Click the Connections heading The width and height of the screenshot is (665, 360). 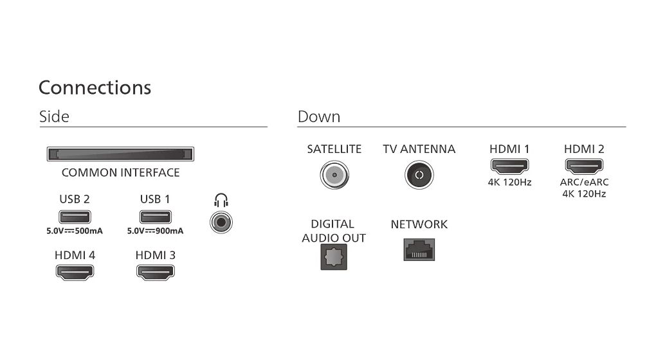coord(95,88)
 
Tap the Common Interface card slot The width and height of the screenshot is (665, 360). coord(120,154)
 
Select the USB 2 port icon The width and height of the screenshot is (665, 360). coord(75,217)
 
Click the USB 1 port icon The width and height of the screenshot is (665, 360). coord(155,217)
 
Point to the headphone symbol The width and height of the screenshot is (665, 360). coord(221,200)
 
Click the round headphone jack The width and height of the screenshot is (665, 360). coord(221,222)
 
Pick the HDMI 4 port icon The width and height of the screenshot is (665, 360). coord(75,272)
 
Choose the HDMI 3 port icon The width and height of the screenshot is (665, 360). coord(155,272)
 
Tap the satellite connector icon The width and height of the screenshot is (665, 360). coord(334,175)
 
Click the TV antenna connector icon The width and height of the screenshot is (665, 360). coord(419,175)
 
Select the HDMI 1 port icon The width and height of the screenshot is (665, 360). coord(509,166)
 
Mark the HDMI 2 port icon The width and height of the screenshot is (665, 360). coord(584,166)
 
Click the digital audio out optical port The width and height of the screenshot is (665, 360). coord(334,257)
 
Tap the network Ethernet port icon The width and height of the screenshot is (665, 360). coord(419,249)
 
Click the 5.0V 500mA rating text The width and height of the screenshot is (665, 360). coord(75,231)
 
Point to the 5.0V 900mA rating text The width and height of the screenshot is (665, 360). coord(155,231)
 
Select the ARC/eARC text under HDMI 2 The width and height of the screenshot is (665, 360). coord(584,183)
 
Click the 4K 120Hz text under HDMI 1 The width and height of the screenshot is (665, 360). coord(509,183)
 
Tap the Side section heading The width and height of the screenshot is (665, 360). coord(54,116)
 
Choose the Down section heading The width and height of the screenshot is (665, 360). coord(319,116)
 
